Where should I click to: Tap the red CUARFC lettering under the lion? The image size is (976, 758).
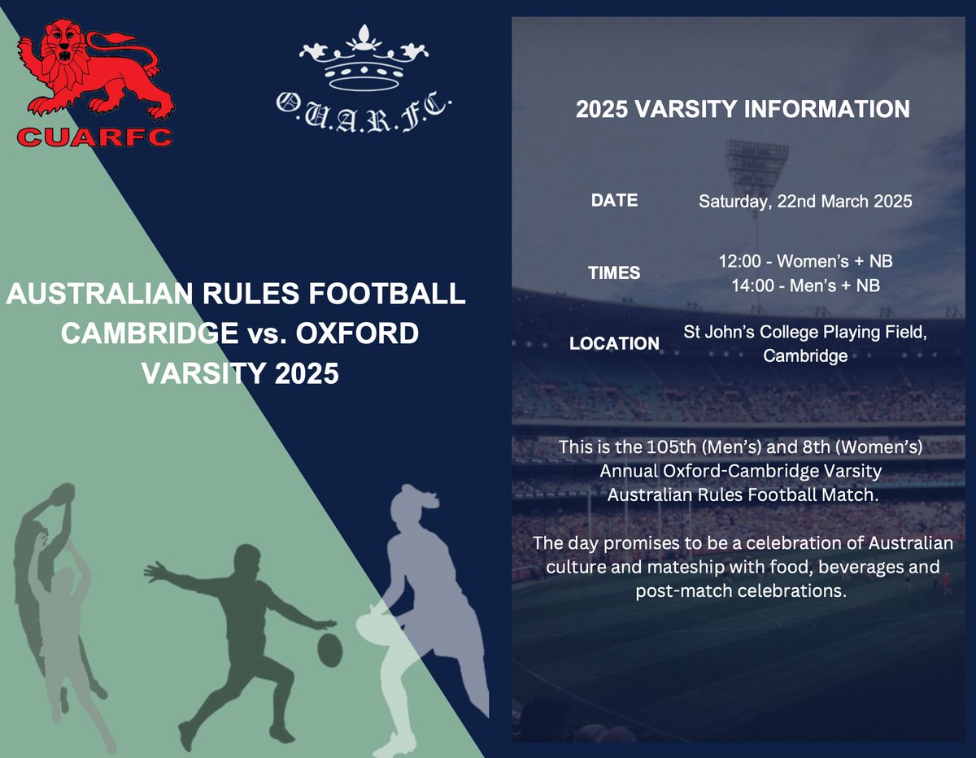(94, 137)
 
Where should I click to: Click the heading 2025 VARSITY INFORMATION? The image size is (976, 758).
(743, 110)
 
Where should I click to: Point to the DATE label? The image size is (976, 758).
(614, 200)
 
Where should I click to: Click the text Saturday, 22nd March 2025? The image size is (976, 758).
(804, 202)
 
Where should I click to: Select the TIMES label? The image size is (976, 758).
(614, 273)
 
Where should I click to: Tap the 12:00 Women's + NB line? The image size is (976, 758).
(804, 262)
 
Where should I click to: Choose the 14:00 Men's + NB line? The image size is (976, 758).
(804, 285)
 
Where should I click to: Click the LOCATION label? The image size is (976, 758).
(614, 343)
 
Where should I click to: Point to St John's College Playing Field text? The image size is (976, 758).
(804, 332)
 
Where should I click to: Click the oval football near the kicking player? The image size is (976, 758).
(329, 648)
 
